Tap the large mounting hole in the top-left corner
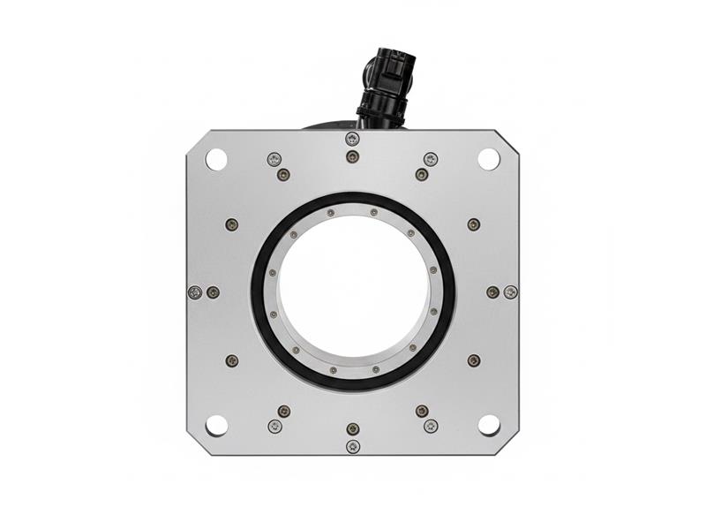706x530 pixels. pyautogui.click(x=216, y=160)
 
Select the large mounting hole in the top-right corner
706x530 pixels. pyautogui.click(x=489, y=159)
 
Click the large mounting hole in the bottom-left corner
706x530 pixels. pyautogui.click(x=216, y=425)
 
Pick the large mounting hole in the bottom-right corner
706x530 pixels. pyautogui.click(x=489, y=425)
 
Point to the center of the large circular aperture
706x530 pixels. pyautogui.click(x=353, y=291)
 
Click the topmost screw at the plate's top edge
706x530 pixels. pyautogui.click(x=352, y=139)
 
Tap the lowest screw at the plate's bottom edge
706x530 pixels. pyautogui.click(x=353, y=446)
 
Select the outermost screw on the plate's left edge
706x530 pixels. pyautogui.click(x=195, y=292)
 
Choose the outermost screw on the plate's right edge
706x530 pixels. pyautogui.click(x=510, y=292)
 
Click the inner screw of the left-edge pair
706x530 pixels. pyautogui.click(x=213, y=292)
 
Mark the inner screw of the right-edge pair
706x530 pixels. pyautogui.click(x=492, y=292)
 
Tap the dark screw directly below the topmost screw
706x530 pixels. pyautogui.click(x=352, y=156)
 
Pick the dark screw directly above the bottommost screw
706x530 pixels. pyautogui.click(x=353, y=428)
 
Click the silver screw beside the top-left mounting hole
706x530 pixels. pyautogui.click(x=274, y=159)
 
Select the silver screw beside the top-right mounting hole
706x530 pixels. pyautogui.click(x=431, y=159)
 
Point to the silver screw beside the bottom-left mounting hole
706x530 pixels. pyautogui.click(x=274, y=426)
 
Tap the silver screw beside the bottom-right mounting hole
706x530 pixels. pyautogui.click(x=431, y=426)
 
